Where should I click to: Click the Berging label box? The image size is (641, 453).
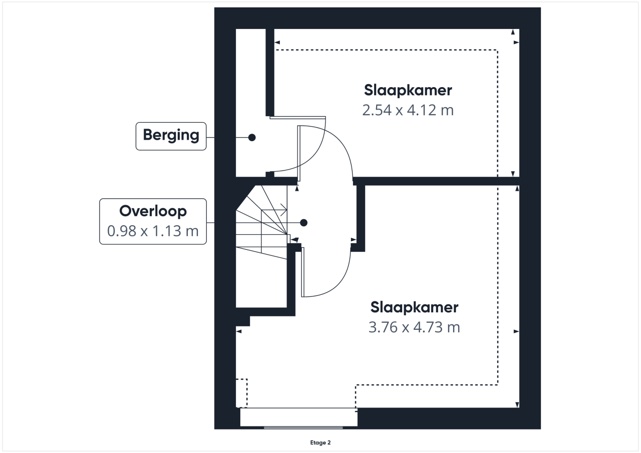coord(171,136)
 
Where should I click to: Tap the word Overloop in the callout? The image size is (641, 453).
coord(153,211)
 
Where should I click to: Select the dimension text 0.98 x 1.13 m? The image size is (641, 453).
coord(153,231)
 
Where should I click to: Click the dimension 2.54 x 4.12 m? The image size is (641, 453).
coord(408,110)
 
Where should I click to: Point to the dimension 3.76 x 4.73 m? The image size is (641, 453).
coord(414,327)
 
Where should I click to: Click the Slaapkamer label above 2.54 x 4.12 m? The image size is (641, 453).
coord(408,91)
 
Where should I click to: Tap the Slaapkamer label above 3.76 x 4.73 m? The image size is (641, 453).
coord(414,307)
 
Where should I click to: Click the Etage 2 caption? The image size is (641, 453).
coord(320,442)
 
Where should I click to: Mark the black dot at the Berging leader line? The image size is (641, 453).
coord(252,138)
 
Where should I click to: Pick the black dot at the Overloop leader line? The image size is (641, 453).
coord(303,223)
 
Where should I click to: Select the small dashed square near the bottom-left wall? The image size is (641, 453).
coord(241,393)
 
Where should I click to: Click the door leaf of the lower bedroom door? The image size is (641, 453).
coord(303,272)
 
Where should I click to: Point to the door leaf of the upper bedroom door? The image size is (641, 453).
coord(299,153)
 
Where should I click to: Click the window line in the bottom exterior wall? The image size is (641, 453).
coord(303,428)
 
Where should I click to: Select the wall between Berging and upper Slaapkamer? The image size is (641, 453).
coord(270,73)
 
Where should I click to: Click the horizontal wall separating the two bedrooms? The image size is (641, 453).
coord(436,181)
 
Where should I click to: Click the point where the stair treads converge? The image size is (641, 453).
coord(287,234)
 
